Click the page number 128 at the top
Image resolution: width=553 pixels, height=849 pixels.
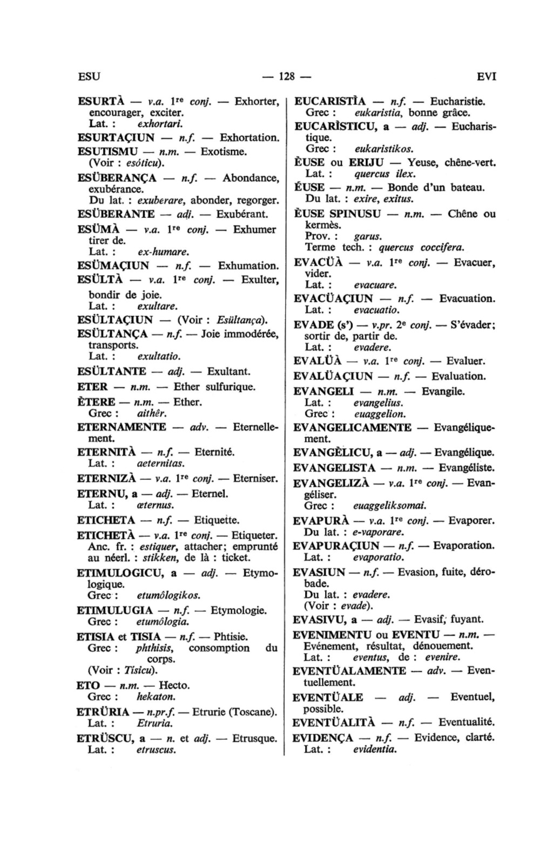[285, 76]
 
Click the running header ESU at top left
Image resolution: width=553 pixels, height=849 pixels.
[89, 76]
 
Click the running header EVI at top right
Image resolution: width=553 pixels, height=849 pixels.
[486, 76]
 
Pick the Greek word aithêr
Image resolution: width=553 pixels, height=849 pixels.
[151, 414]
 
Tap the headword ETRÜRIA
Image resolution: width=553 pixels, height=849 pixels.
[103, 712]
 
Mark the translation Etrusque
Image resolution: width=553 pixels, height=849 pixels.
[254, 738]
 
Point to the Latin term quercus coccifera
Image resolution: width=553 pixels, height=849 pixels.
[421, 248]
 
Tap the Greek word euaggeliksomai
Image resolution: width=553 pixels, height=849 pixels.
[389, 506]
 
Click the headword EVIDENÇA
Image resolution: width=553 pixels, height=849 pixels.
[322, 738]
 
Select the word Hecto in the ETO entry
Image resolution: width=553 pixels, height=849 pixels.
[174, 686]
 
